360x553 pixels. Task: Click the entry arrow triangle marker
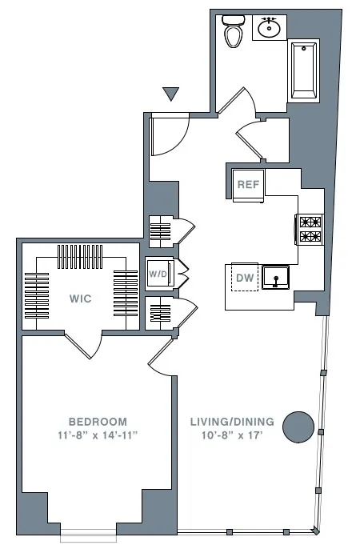170,94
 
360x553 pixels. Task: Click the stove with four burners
310,229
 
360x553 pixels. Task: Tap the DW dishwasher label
243,278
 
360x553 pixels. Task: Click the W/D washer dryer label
158,274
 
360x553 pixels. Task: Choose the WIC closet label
81,299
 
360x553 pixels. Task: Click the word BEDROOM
98,421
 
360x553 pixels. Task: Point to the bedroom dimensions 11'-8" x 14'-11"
98,435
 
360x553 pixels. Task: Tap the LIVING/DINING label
232,421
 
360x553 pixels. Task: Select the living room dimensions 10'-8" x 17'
232,435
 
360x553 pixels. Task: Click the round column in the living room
298,425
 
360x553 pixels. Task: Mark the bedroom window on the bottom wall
88,532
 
